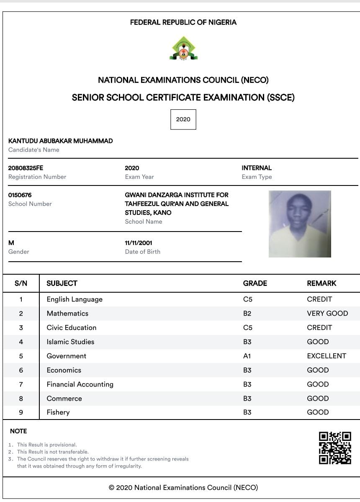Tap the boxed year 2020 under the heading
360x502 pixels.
coord(183,119)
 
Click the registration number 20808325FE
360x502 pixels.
coord(26,168)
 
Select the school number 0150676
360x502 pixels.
coord(20,195)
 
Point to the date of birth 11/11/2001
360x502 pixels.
coord(139,243)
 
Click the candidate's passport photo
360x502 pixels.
coord(300,224)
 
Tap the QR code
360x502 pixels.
coord(335,448)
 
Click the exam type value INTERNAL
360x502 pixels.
coord(257,168)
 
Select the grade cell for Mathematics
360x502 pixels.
coord(247,314)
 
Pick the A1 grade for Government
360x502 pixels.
coord(247,356)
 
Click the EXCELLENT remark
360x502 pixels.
coord(327,356)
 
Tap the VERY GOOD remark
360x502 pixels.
coord(327,314)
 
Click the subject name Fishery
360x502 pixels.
coord(58,412)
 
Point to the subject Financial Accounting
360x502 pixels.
coord(80,384)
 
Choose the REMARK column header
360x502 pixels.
coord(321,283)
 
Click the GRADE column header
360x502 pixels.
coord(255,283)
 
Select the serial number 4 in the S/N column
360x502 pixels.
coord(21,342)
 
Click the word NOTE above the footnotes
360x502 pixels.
coord(18,431)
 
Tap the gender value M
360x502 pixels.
coord(11,243)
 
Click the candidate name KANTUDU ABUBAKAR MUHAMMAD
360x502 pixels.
coord(61,141)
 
